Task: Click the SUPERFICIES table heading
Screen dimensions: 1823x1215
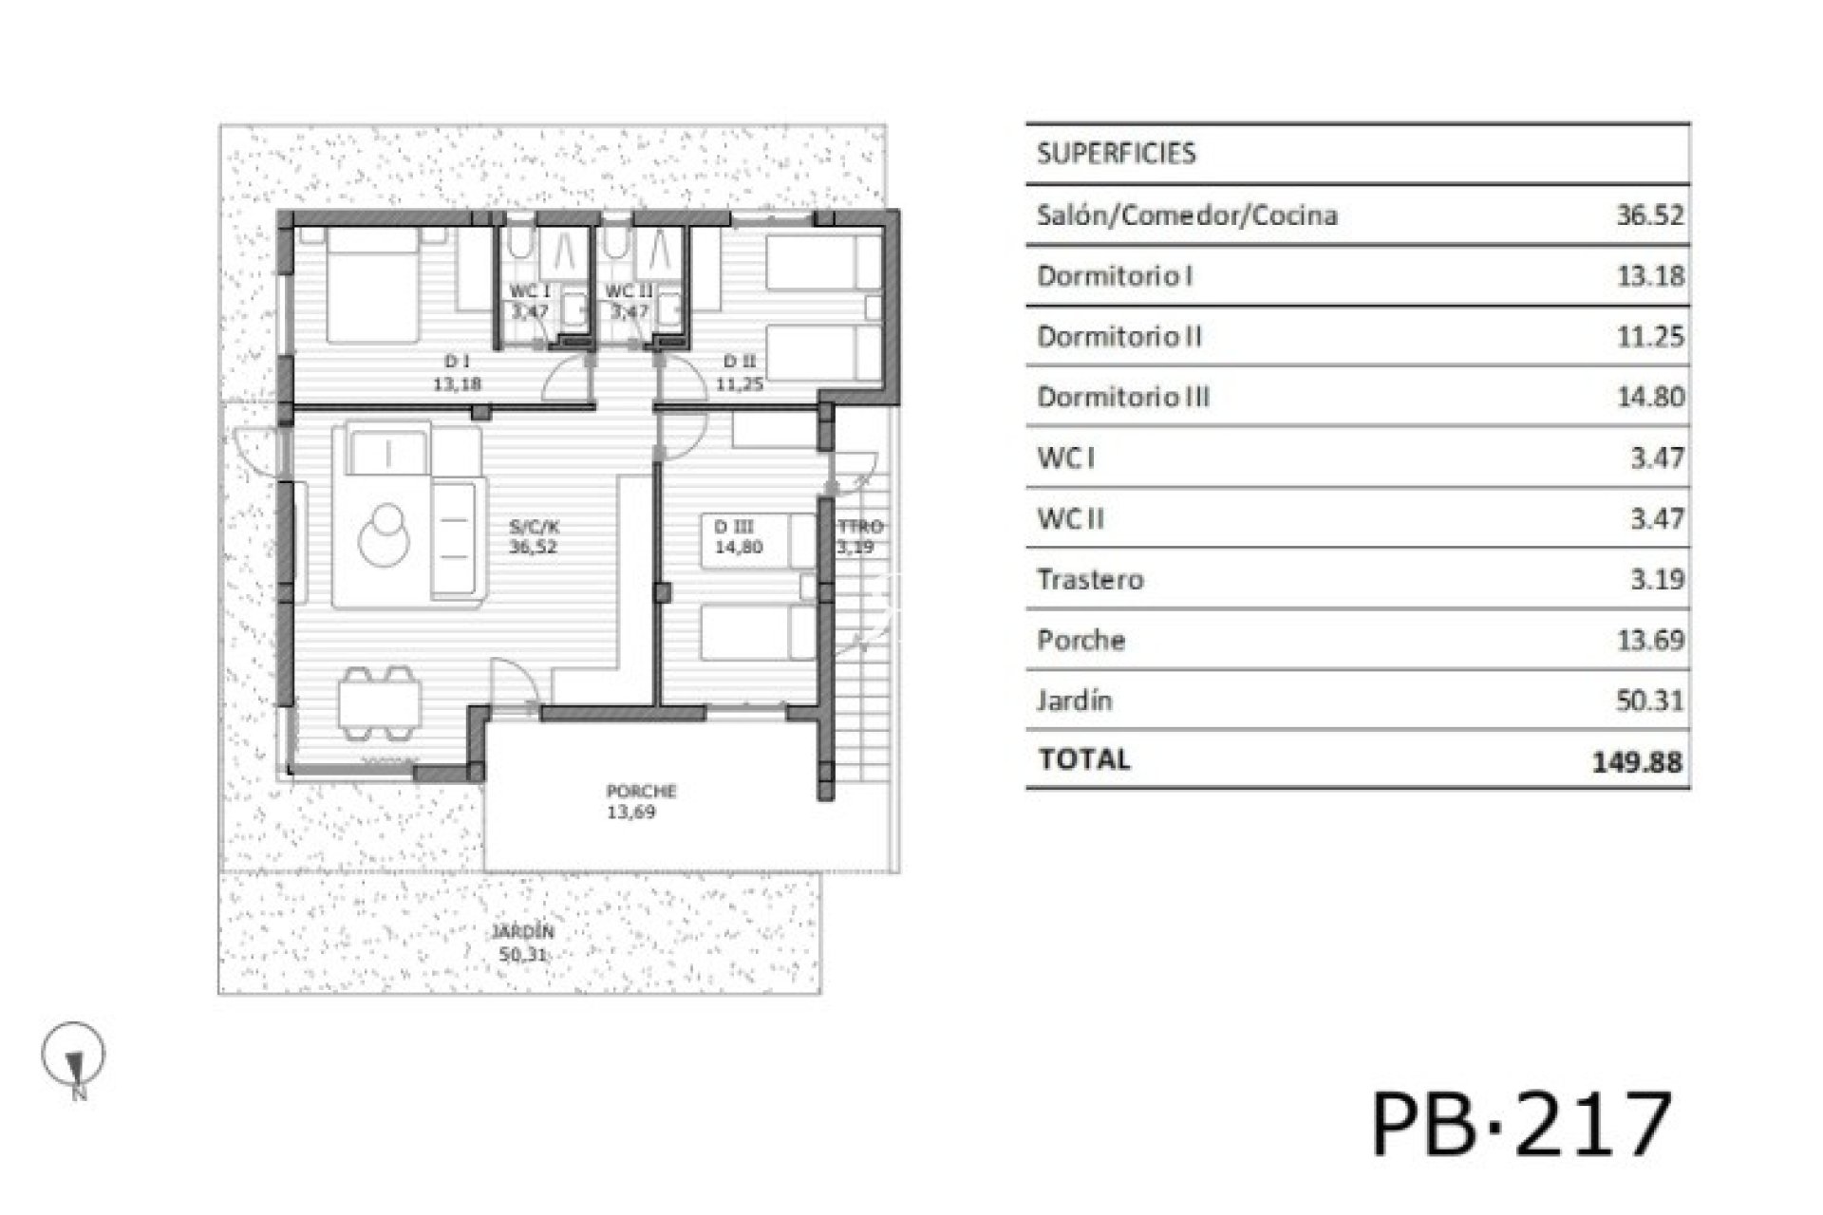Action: click(1116, 154)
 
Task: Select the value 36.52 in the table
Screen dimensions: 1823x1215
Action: click(1650, 215)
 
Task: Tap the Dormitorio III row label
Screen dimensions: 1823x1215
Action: click(1123, 397)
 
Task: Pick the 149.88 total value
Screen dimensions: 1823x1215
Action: click(1638, 761)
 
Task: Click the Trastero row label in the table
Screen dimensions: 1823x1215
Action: click(1090, 579)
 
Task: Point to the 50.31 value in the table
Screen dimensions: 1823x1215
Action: click(1650, 701)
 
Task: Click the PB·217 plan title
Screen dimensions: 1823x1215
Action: click(1521, 1123)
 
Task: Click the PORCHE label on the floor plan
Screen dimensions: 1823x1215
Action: click(642, 791)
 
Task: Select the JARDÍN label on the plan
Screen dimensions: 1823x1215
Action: click(522, 932)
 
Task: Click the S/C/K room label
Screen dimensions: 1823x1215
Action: click(534, 527)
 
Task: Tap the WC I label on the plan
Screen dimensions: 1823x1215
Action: click(531, 291)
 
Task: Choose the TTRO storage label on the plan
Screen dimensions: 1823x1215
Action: click(860, 527)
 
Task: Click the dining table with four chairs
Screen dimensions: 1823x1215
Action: click(379, 703)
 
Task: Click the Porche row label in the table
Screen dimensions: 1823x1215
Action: click(1081, 640)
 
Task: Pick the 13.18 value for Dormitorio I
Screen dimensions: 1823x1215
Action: click(1650, 275)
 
